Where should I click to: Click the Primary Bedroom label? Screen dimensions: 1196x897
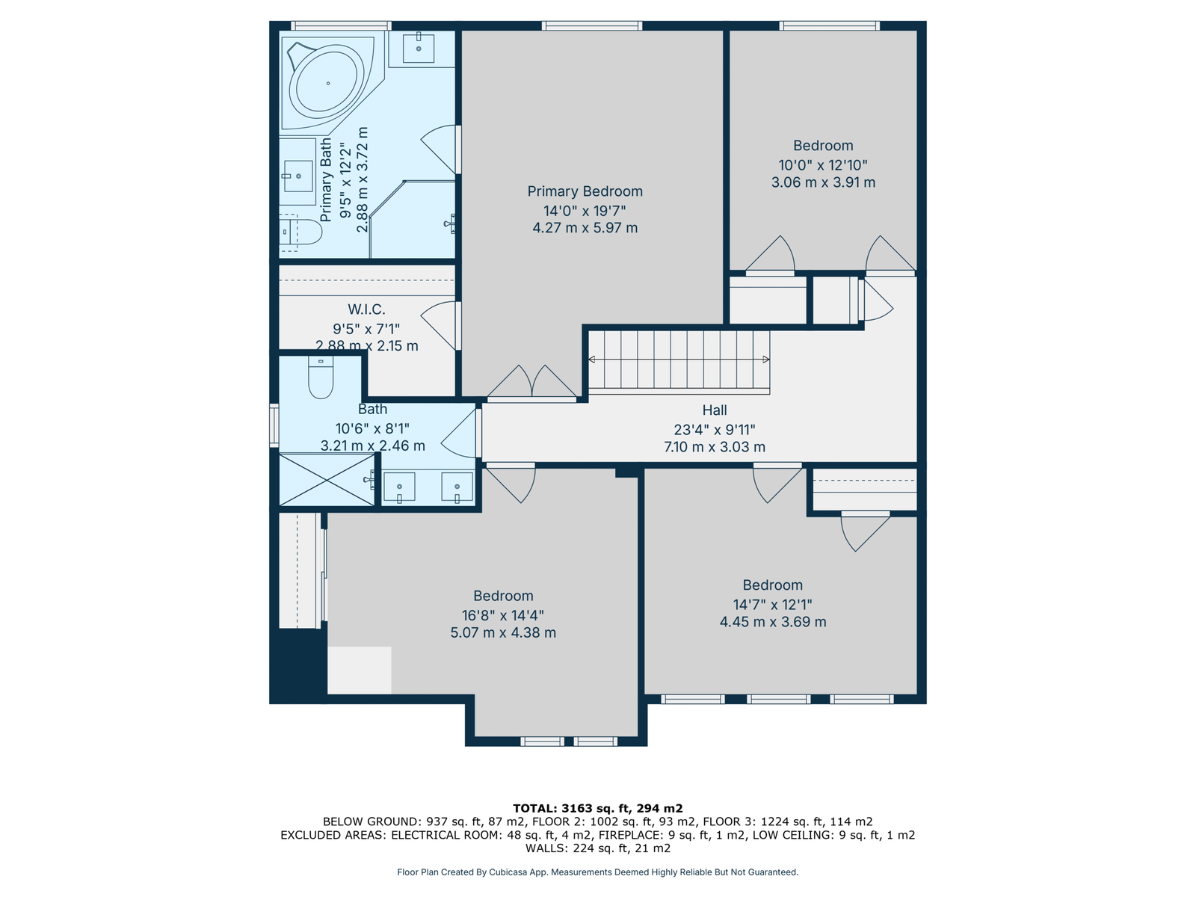(585, 191)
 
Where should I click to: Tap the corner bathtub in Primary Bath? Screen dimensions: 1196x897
(327, 83)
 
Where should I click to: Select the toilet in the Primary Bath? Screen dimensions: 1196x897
(300, 232)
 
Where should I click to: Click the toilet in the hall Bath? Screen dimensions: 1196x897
(321, 377)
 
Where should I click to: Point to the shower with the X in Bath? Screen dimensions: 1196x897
(327, 480)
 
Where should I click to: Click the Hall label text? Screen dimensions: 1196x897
(715, 410)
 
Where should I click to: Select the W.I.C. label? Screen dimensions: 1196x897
(366, 309)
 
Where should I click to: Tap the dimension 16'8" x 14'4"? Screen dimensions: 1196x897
(502, 615)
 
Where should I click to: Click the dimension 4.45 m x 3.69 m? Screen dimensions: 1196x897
(773, 621)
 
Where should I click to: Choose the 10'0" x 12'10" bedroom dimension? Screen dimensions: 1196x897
(823, 164)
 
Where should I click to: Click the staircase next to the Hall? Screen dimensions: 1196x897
(679, 363)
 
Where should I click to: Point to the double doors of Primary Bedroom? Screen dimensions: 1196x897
(531, 382)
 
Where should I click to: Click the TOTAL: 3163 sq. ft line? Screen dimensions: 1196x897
(598, 808)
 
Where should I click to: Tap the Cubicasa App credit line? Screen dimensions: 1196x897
(598, 872)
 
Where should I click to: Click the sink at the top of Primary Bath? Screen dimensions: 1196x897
(419, 49)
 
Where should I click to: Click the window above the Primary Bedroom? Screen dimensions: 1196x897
(592, 25)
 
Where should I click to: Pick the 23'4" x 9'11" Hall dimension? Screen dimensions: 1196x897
(715, 429)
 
